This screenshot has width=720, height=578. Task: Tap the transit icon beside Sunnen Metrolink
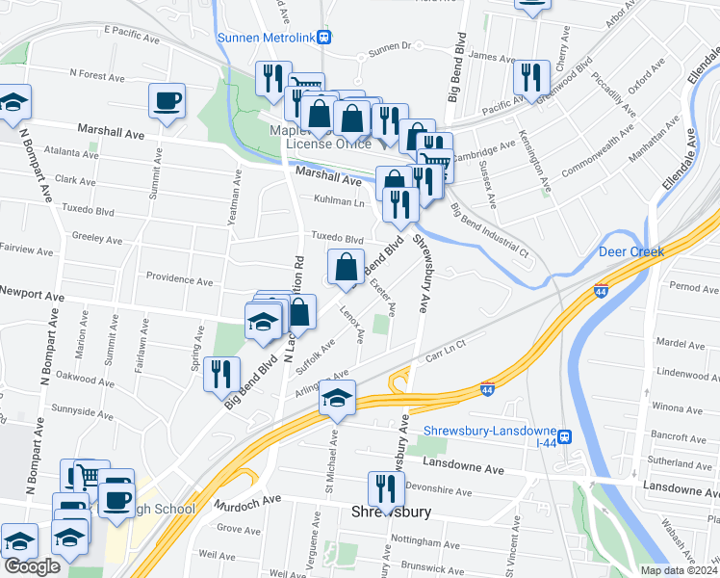(x=325, y=38)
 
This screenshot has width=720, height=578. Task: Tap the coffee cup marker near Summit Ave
(x=167, y=99)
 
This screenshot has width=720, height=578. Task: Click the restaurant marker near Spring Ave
(x=222, y=374)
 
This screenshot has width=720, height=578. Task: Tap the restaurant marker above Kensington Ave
(x=530, y=76)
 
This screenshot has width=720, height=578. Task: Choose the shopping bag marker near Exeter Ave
(x=346, y=266)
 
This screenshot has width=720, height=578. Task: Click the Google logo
(x=32, y=566)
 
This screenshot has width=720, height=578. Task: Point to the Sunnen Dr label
(x=390, y=45)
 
